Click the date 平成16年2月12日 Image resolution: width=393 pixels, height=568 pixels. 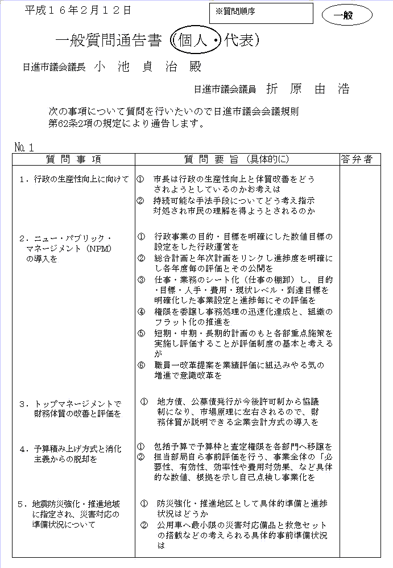78,10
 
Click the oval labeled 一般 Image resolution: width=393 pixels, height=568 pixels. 347,15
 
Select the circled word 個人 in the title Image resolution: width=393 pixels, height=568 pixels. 195,40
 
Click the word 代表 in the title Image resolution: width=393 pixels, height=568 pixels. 238,40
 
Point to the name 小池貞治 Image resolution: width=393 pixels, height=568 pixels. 147,66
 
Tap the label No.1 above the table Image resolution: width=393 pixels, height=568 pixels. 24,147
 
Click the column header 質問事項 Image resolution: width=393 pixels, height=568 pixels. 73,159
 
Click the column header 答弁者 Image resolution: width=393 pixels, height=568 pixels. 357,159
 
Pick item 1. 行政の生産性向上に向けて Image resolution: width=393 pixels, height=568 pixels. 74,179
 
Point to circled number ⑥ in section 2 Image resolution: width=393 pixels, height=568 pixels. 142,365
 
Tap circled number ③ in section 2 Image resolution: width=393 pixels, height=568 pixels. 142,279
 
